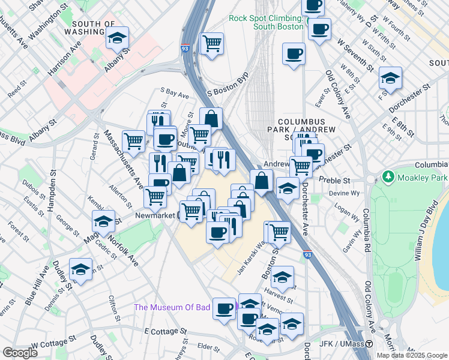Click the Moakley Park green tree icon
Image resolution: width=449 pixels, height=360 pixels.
[x=387, y=178]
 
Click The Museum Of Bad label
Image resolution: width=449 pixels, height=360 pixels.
[x=172, y=307]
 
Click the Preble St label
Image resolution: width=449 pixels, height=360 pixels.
[x=337, y=180]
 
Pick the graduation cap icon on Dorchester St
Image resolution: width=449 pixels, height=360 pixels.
[x=390, y=79]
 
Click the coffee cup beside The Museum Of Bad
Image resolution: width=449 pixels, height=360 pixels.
[x=224, y=308]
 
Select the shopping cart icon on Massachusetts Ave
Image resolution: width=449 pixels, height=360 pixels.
[x=133, y=142]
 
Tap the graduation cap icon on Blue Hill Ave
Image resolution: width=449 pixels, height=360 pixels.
[x=80, y=269]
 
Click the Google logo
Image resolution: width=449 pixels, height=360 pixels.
[x=20, y=353]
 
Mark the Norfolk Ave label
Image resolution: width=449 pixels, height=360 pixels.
[x=123, y=247]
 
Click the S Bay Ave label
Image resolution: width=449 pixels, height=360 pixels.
[x=174, y=94]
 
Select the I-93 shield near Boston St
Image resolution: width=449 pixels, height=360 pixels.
[x=307, y=255]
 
